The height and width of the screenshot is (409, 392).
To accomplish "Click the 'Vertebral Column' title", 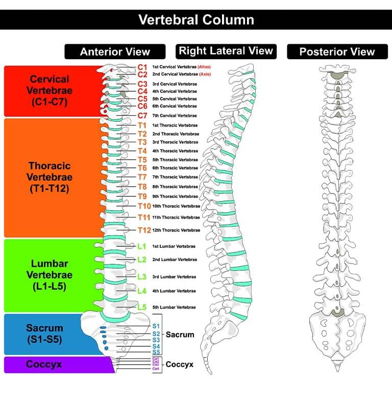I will click(196, 20).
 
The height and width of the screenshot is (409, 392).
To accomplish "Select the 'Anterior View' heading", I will click(115, 52).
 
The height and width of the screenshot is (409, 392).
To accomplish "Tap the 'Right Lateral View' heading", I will click(226, 51).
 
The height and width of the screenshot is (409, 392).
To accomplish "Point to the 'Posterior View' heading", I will click(337, 52).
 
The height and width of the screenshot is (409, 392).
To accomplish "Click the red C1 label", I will click(142, 67).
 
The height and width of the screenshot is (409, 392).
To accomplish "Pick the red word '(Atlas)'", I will click(204, 67).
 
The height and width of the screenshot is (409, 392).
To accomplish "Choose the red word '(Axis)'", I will click(205, 74).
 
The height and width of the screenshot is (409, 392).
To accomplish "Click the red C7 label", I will click(142, 116).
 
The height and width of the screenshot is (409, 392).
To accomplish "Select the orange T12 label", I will click(144, 230).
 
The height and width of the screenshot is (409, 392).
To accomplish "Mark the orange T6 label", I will click(142, 168).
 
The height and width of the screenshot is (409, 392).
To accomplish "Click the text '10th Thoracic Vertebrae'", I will click(176, 206).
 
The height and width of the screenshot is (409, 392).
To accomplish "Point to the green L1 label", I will click(142, 246).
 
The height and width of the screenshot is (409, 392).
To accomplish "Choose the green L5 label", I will click(142, 307).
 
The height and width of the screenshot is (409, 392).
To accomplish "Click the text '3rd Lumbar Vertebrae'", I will click(174, 277).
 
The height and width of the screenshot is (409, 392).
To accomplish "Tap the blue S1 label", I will click(156, 325).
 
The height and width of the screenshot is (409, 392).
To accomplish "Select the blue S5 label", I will click(156, 352).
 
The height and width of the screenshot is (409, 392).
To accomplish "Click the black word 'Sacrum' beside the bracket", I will click(180, 335).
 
